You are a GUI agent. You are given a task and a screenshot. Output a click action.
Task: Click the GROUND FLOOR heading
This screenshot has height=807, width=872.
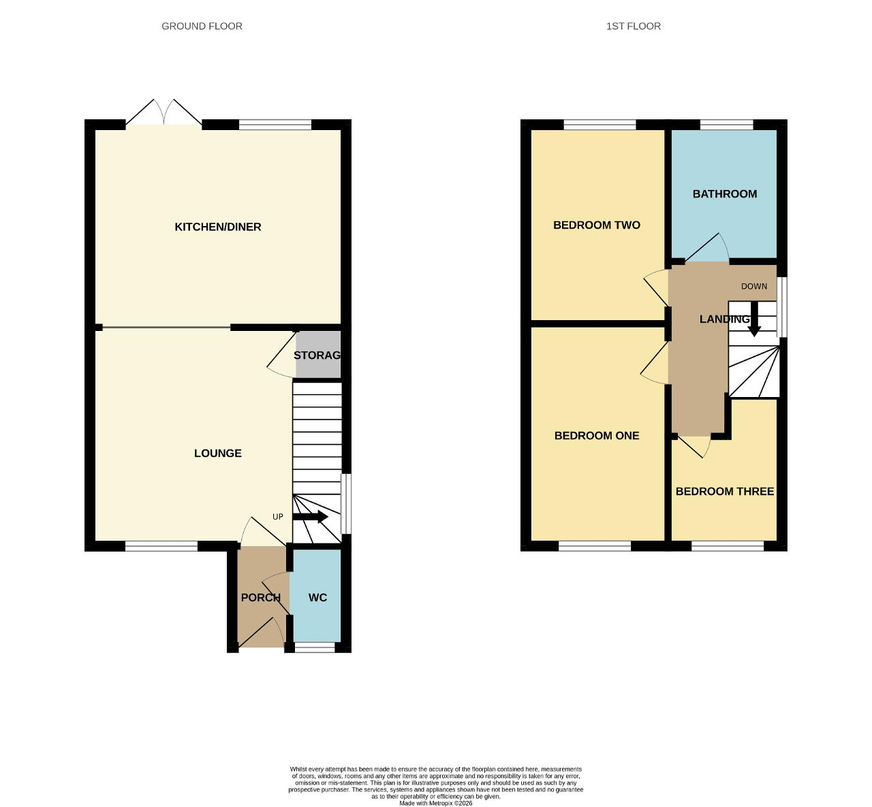click(x=202, y=27)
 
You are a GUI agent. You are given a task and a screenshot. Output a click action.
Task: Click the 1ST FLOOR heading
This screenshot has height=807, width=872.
click(x=633, y=27)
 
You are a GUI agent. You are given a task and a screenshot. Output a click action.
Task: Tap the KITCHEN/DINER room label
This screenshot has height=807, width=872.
click(x=218, y=227)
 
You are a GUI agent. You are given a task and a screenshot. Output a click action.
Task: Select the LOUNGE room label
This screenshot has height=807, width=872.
click(x=218, y=453)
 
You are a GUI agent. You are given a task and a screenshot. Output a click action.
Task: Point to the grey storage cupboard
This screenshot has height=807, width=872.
click(x=318, y=355)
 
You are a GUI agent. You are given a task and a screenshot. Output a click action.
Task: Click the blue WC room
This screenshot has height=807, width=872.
click(x=317, y=597)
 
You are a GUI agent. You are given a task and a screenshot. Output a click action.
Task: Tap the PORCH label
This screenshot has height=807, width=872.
click(x=261, y=597)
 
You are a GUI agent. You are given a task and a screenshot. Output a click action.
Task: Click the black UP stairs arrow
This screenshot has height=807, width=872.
click(x=310, y=517)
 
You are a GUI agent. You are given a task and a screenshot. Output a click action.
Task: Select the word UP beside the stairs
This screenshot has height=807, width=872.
click(x=278, y=517)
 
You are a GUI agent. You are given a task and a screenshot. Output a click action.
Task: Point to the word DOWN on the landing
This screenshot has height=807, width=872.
click(x=754, y=286)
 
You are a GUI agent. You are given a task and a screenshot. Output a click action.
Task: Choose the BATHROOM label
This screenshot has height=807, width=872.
click(x=725, y=194)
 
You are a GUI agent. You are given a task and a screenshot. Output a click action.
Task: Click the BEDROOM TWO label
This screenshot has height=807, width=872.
click(x=597, y=225)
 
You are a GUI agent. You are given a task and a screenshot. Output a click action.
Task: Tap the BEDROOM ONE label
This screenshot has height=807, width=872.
click(x=597, y=436)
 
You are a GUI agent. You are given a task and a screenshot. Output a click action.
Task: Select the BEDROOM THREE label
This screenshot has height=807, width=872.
click(x=724, y=491)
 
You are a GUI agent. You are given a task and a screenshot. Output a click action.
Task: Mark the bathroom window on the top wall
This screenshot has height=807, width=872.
click(x=727, y=125)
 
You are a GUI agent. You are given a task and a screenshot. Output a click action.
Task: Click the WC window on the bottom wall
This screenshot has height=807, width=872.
click(x=315, y=647)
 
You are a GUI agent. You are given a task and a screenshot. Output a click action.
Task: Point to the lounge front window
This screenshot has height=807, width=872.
click(x=161, y=545)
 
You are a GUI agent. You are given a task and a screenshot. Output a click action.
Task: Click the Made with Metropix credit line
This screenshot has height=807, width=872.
click(x=435, y=803)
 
